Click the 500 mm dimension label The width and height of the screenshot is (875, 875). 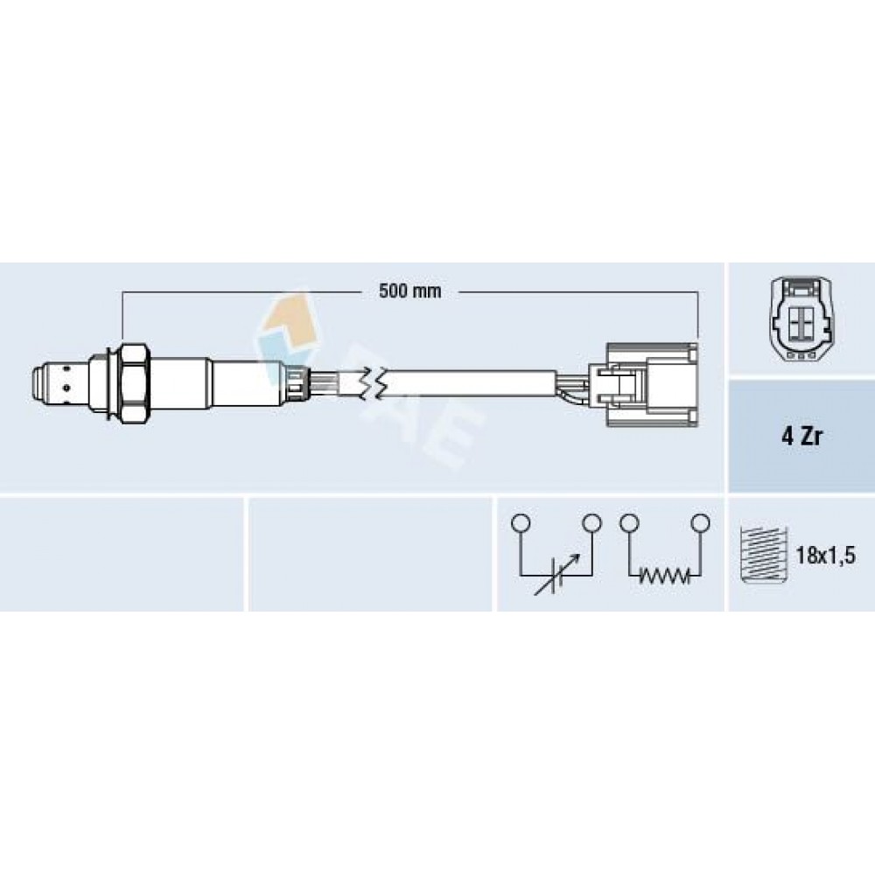[x=409, y=291]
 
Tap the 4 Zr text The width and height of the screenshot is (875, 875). [x=801, y=437]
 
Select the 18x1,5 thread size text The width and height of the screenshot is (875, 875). [x=825, y=556]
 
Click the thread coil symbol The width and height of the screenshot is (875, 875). [x=763, y=556]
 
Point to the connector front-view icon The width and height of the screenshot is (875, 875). [x=801, y=320]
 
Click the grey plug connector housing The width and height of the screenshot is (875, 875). [x=652, y=384]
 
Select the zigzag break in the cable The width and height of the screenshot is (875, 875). [x=372, y=383]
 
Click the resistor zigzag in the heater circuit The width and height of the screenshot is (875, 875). [x=663, y=574]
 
